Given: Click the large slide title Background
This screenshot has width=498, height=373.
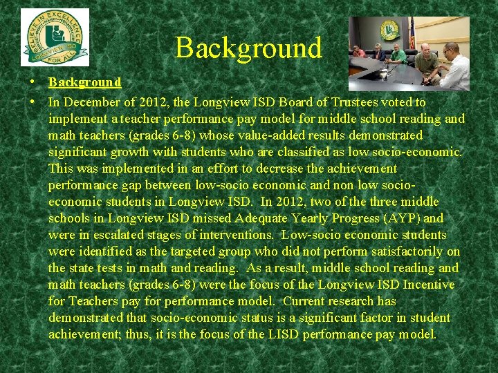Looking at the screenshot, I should pyautogui.click(x=248, y=48).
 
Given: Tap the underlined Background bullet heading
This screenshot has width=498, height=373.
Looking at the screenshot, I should pyautogui.click(x=84, y=83).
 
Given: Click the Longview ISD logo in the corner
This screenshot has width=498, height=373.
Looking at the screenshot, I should pyautogui.click(x=55, y=37).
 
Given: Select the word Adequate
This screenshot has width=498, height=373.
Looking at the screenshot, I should pyautogui.click(x=268, y=218).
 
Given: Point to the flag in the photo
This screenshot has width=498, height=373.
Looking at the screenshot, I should pyautogui.click(x=412, y=32).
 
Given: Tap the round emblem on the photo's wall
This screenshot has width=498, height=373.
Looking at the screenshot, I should pyautogui.click(x=389, y=30).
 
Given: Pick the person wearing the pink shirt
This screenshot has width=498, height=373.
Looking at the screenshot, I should pyautogui.click(x=358, y=51).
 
